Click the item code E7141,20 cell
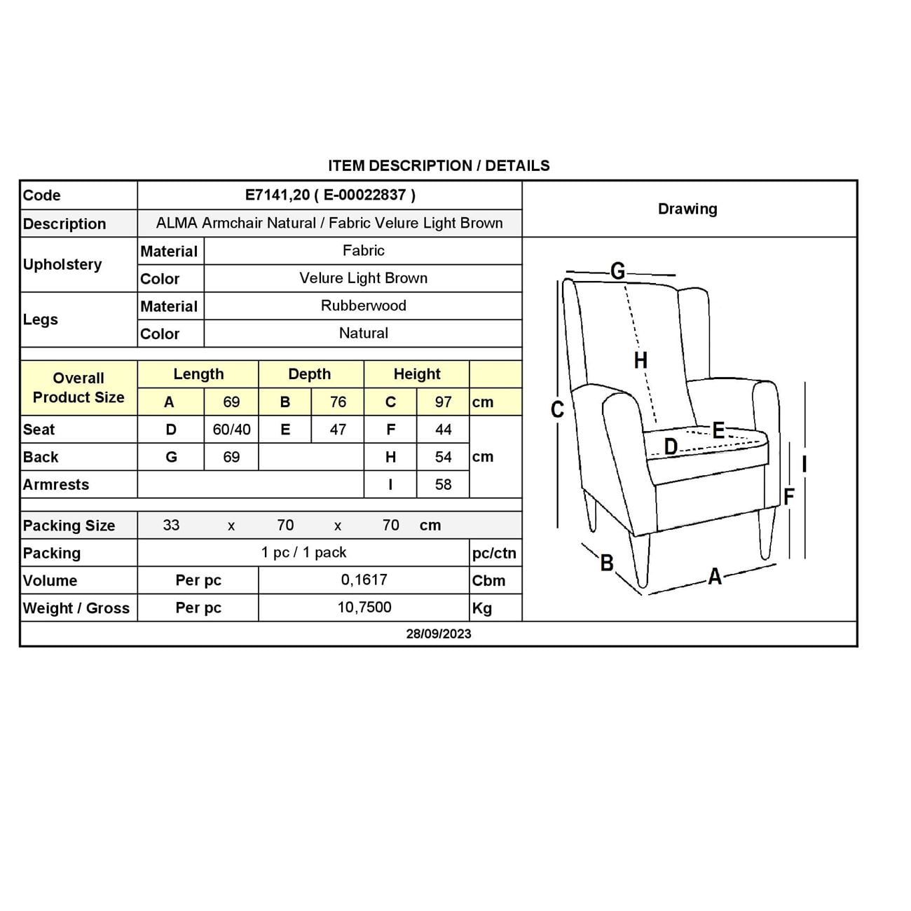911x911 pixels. (x=330, y=195)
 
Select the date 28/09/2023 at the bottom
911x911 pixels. (x=439, y=633)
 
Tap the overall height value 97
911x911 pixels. (x=443, y=402)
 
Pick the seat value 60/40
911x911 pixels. (x=231, y=430)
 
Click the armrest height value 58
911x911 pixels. (x=443, y=484)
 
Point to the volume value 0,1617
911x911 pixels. (x=364, y=580)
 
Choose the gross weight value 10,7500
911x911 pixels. (x=364, y=607)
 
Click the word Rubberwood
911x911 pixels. (x=363, y=306)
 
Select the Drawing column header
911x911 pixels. (x=687, y=209)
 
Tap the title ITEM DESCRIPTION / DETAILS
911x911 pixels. (x=439, y=165)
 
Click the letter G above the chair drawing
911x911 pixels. (x=617, y=271)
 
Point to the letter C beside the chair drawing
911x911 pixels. (x=557, y=409)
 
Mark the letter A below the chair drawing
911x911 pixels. (x=715, y=576)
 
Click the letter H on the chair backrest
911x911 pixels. (x=641, y=360)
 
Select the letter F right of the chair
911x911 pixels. (x=789, y=497)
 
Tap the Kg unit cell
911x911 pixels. (x=482, y=608)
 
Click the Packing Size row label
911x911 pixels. (x=69, y=526)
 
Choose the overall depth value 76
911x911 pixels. (x=338, y=402)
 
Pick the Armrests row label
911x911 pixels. (x=56, y=484)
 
